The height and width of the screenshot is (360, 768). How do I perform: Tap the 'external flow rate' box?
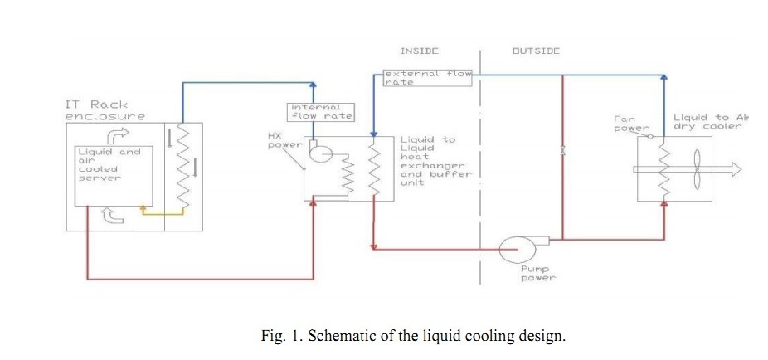(427, 77)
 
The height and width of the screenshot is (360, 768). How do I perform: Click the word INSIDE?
(419, 51)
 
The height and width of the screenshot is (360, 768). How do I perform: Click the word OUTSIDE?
(535, 51)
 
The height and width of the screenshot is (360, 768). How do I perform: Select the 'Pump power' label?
(537, 274)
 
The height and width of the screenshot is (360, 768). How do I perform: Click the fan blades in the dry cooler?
(697, 169)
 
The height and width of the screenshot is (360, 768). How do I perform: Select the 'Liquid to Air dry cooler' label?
(711, 122)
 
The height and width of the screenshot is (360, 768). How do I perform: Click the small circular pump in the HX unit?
(320, 155)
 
